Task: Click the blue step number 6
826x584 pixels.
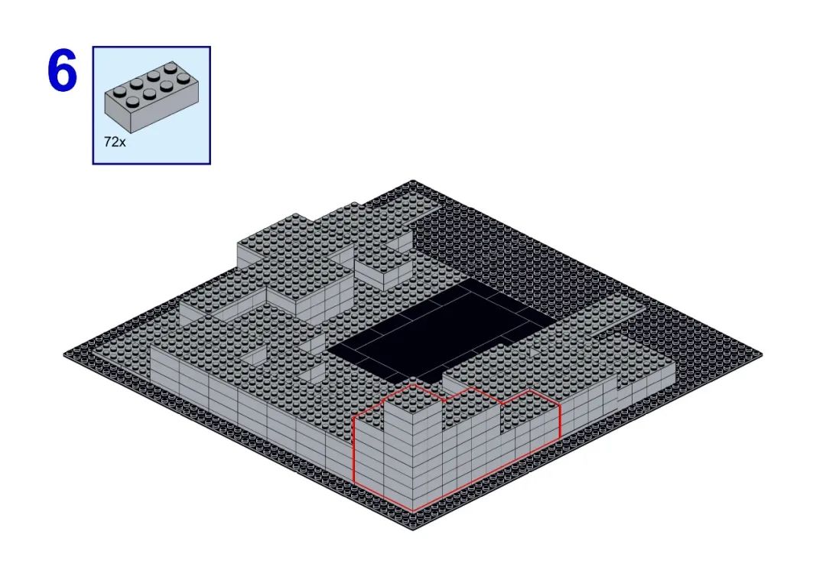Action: [62, 71]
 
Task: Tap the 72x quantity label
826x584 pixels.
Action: [115, 142]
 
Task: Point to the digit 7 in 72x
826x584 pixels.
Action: [108, 142]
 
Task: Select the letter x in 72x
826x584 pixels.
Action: [122, 143]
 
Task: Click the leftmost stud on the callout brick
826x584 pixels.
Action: [119, 92]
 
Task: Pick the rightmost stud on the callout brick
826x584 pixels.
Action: [184, 79]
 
